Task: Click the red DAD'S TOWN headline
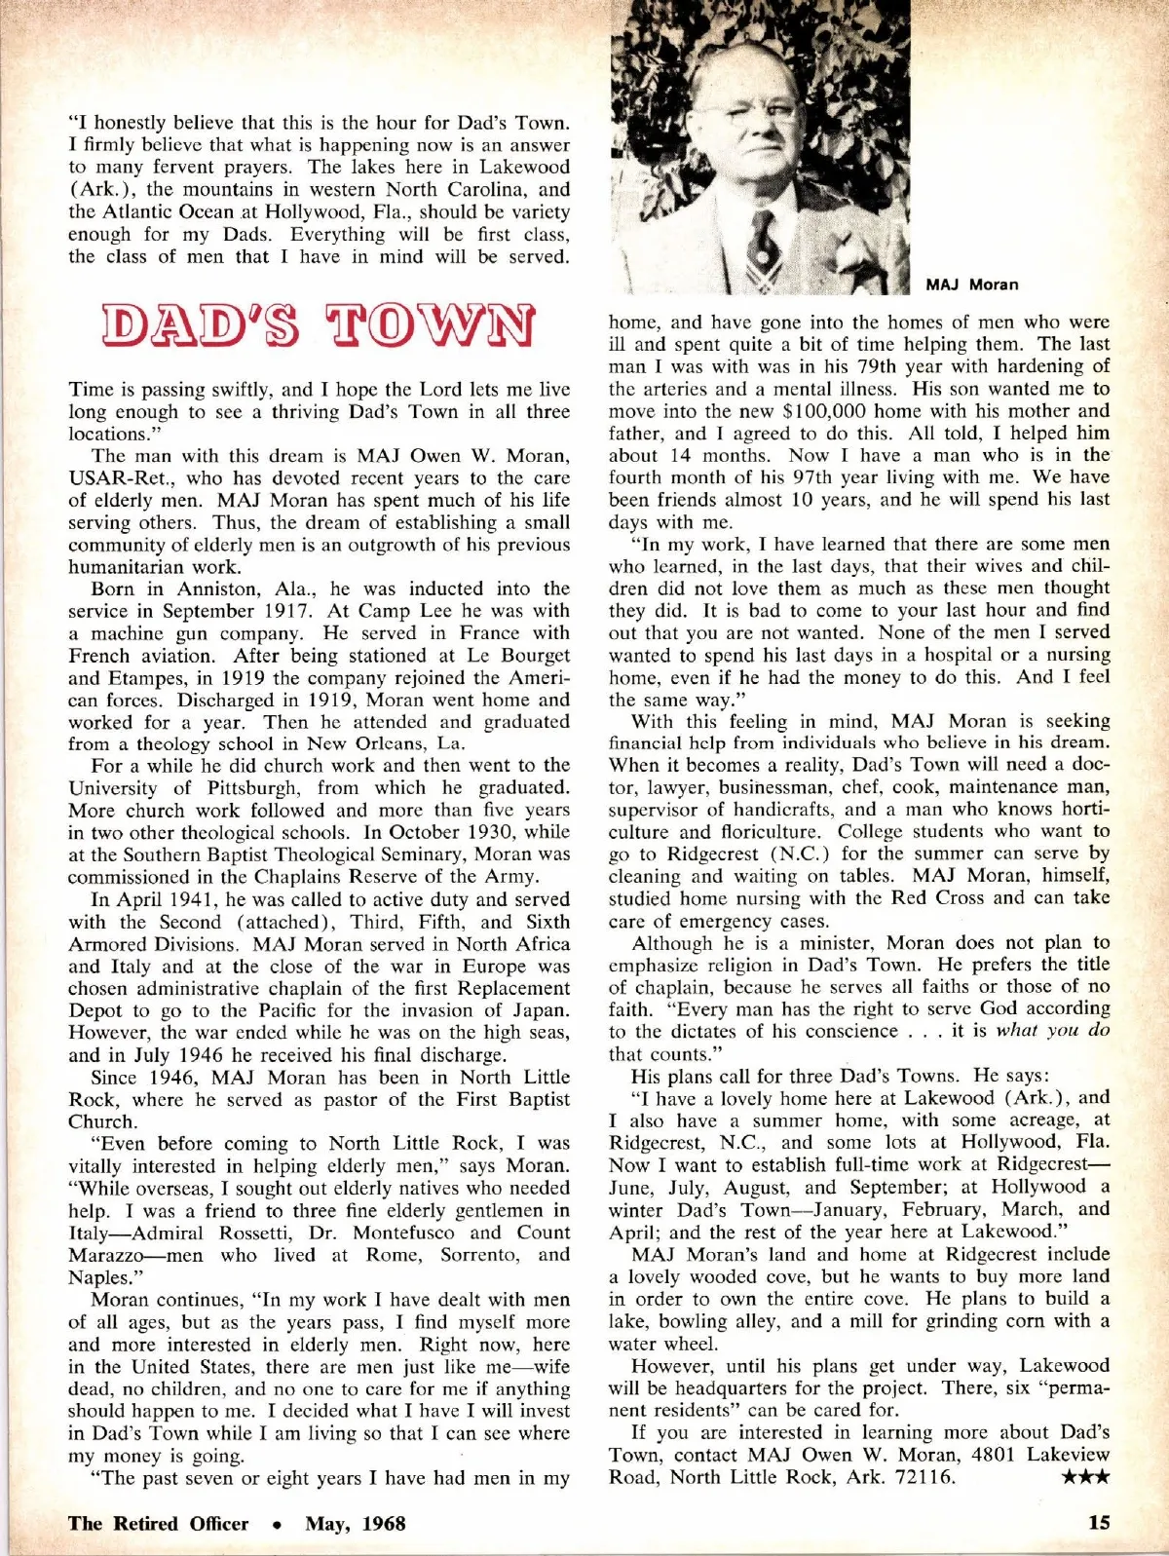tap(319, 326)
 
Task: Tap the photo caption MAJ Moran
tap(971, 285)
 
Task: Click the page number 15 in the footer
tap(1098, 1523)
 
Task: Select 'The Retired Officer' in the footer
tap(158, 1524)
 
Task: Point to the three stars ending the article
tap(1085, 1477)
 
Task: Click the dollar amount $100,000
tap(829, 410)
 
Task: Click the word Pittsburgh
tap(255, 787)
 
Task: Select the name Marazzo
tap(109, 1255)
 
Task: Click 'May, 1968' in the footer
tap(356, 1524)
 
